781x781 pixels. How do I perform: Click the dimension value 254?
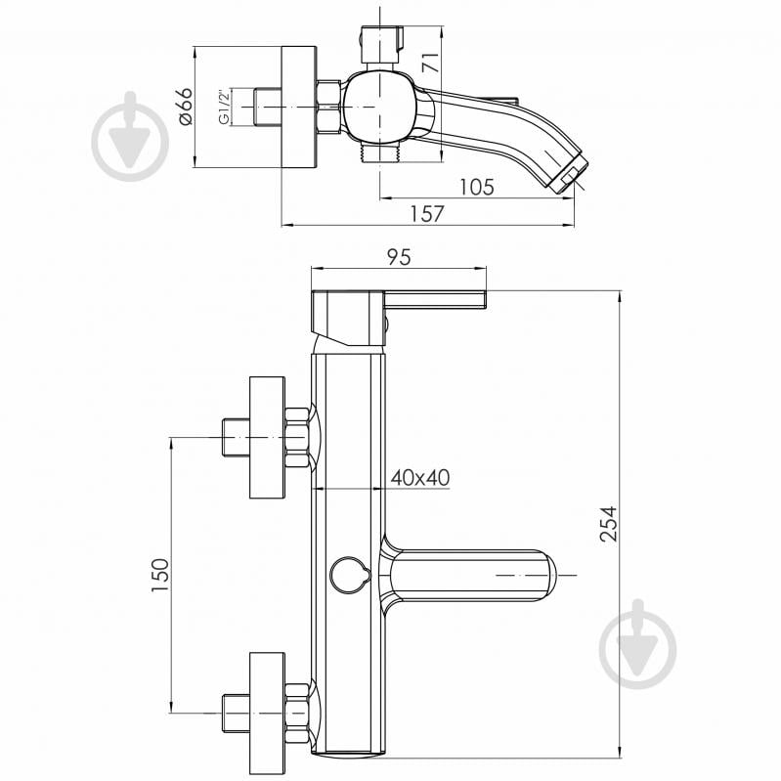(x=609, y=524)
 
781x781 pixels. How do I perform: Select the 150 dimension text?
(x=160, y=576)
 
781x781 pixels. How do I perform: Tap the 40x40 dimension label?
(x=420, y=478)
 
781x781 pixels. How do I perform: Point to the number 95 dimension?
(x=399, y=257)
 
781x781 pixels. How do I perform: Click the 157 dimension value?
(x=427, y=214)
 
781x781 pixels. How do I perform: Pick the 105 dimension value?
(x=477, y=187)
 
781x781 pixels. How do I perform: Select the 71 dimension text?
(x=430, y=62)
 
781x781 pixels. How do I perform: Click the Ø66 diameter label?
(x=184, y=107)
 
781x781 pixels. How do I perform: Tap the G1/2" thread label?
(x=224, y=107)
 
